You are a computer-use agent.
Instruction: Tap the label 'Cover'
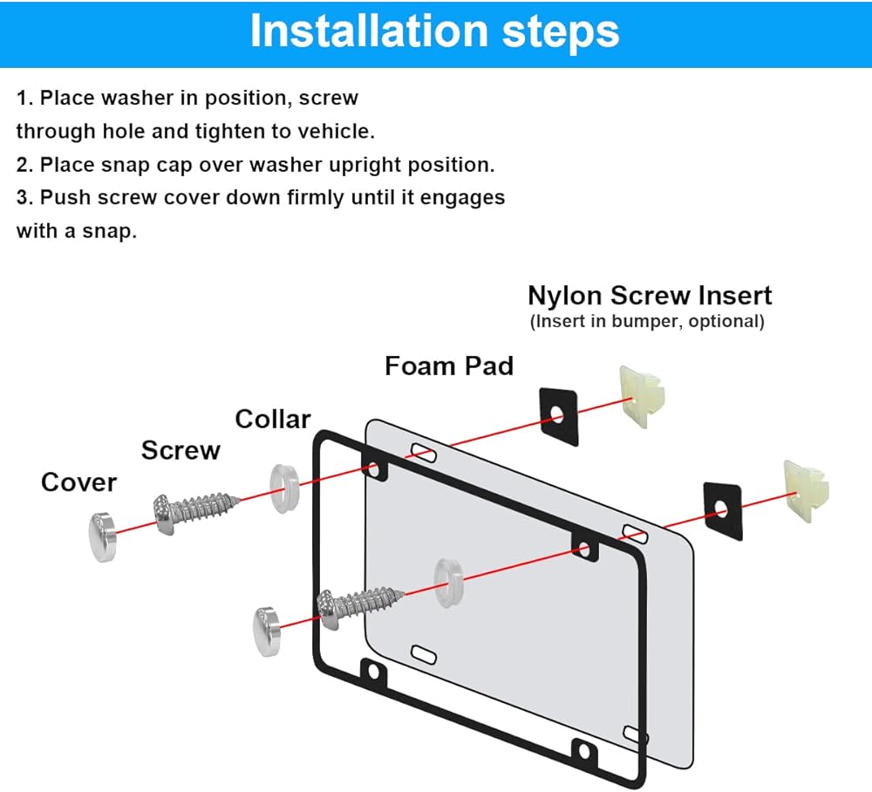click(79, 482)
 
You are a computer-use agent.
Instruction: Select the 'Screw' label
click(181, 450)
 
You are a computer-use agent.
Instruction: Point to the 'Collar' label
click(272, 419)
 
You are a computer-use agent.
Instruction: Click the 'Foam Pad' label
click(449, 366)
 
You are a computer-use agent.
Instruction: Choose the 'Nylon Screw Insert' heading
click(650, 296)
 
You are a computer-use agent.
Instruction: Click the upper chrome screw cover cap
click(102, 537)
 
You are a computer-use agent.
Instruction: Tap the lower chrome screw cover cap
click(267, 632)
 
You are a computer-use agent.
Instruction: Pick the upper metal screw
click(195, 513)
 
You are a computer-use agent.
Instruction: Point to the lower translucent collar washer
click(448, 583)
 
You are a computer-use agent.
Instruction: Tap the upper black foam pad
click(558, 416)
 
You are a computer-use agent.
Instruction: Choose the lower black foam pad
click(722, 510)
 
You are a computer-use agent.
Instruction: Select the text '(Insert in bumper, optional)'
click(647, 322)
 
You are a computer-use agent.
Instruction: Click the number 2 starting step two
click(22, 165)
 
